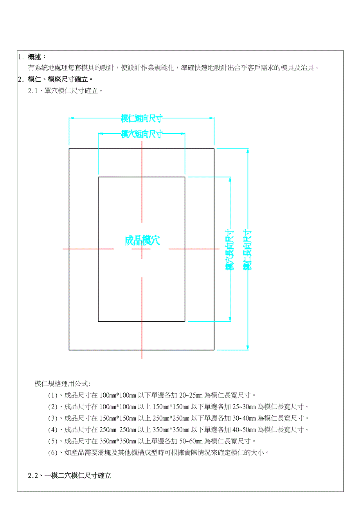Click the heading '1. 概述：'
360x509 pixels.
tap(33, 57)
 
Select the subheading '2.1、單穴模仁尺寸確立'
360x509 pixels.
tap(65, 91)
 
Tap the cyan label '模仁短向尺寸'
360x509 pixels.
tap(142, 118)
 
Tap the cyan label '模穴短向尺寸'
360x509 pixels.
tap(142, 134)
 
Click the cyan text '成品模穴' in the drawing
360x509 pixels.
tap(142, 240)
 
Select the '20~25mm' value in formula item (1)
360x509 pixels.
tap(191, 395)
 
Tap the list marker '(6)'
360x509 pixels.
tap(53, 453)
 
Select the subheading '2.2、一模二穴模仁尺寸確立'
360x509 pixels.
tap(70, 476)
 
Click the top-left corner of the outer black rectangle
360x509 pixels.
tap(69, 149)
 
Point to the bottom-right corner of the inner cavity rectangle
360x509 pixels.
tap(185, 321)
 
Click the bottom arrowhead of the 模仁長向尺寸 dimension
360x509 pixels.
tap(247, 348)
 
